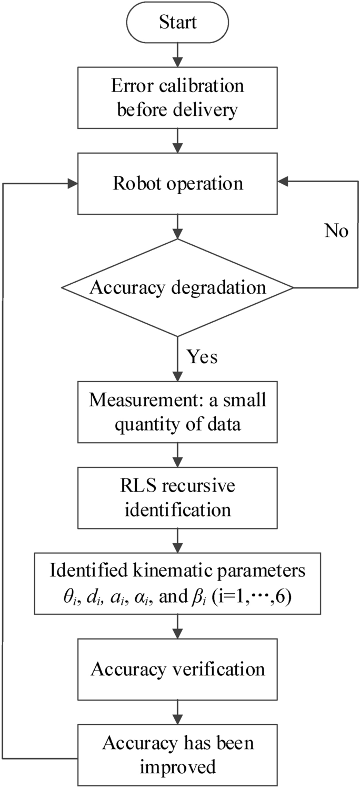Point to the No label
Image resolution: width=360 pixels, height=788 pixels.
point(335,232)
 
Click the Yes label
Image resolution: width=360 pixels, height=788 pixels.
point(202,357)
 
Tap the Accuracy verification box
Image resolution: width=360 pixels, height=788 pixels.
point(178,669)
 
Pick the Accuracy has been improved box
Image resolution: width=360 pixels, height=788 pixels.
point(178,754)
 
